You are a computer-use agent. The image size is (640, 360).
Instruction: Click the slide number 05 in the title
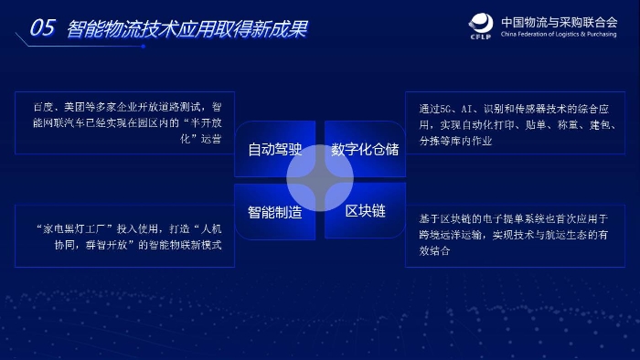pyautogui.click(x=43, y=28)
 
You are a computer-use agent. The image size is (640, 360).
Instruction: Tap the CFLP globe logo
pyautogui.click(x=483, y=25)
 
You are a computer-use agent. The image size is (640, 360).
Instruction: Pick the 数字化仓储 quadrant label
pyautogui.click(x=365, y=148)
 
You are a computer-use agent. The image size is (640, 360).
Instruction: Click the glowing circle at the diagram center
pyautogui.click(x=320, y=180)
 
